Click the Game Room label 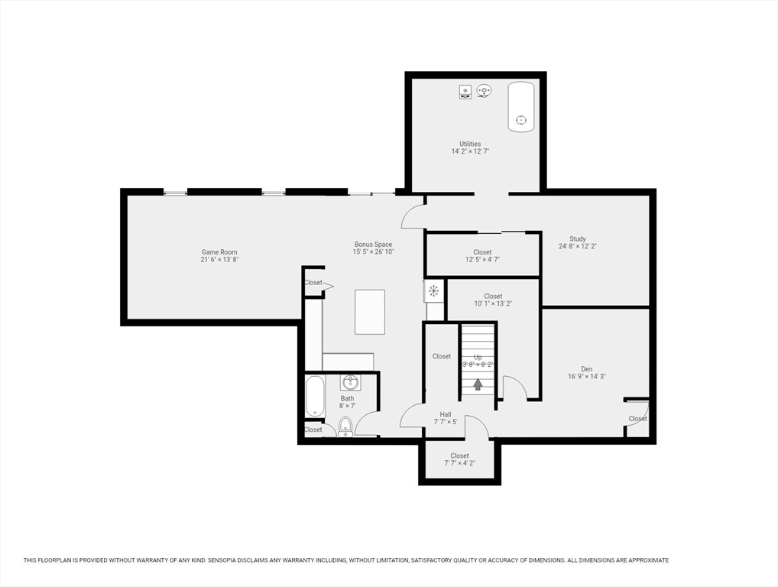tap(219, 252)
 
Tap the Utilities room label tap(470, 144)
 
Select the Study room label tap(577, 238)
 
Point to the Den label tap(586, 368)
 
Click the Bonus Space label tap(373, 245)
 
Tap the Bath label tap(347, 398)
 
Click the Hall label tap(446, 414)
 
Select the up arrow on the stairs tap(478, 384)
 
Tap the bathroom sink tap(350, 382)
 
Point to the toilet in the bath tap(345, 426)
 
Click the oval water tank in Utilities tap(521, 107)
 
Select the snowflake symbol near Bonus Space tap(433, 290)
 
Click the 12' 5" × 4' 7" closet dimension tap(482, 260)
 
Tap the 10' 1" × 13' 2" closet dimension tap(493, 303)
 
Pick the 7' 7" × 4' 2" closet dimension tap(459, 463)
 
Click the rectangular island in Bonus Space tap(370, 312)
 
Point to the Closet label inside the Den tap(637, 419)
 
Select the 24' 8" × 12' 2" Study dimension tap(577, 246)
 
